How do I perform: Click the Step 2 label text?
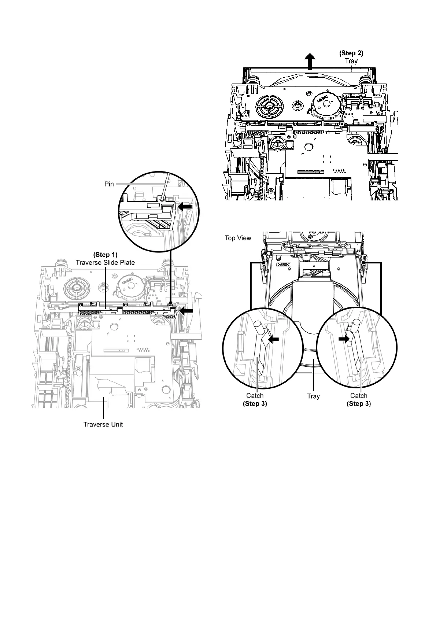click(x=351, y=53)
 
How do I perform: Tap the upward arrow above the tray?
click(x=310, y=61)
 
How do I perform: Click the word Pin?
click(x=109, y=184)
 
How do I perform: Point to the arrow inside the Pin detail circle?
click(x=185, y=207)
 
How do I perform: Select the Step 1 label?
click(x=106, y=254)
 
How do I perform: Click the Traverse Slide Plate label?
click(x=105, y=262)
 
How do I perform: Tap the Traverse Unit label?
click(x=103, y=425)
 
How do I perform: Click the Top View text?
click(x=238, y=238)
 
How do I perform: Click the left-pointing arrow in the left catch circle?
click(x=273, y=339)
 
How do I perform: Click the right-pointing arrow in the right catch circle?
click(x=344, y=339)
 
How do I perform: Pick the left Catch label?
click(x=255, y=396)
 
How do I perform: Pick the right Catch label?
click(x=359, y=396)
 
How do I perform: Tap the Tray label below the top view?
click(x=313, y=396)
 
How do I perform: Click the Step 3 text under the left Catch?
click(x=255, y=404)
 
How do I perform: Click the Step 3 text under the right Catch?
click(x=359, y=404)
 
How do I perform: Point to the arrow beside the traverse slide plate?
click(x=188, y=311)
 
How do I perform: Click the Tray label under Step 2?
click(x=351, y=61)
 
